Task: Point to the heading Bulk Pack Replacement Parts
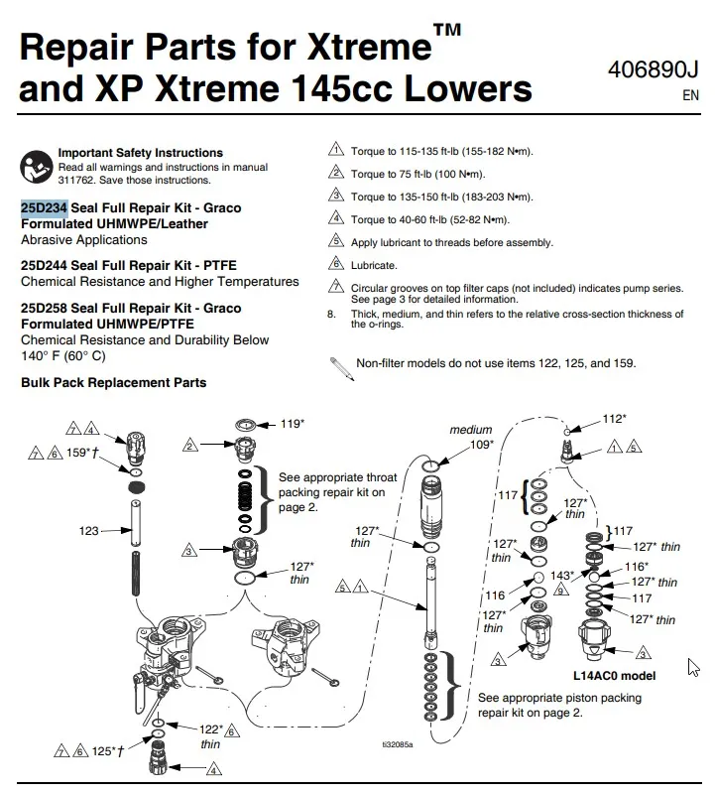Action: tap(113, 383)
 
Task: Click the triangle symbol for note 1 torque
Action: tap(335, 151)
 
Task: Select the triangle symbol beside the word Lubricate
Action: tap(335, 265)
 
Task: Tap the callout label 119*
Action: tap(292, 424)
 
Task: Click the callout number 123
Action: tap(90, 531)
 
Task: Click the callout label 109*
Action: tap(481, 444)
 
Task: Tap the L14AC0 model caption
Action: tap(614, 676)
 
